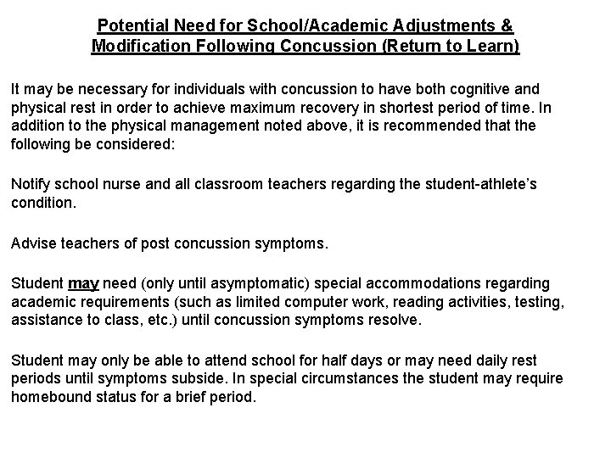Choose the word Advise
pos(33,243)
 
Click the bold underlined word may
pos(82,282)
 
